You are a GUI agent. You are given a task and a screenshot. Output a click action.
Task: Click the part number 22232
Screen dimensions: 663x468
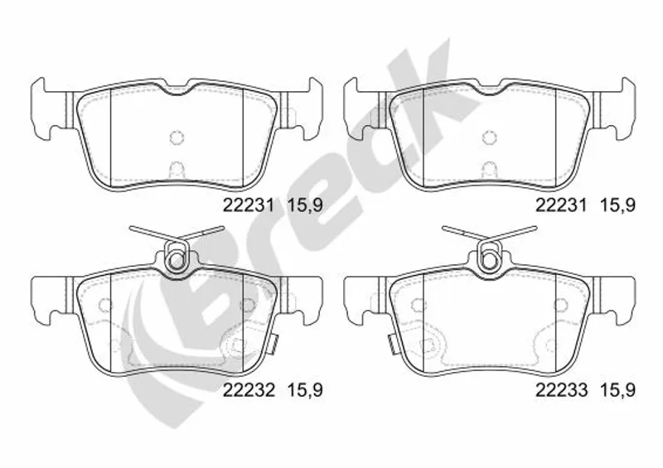[x=249, y=389]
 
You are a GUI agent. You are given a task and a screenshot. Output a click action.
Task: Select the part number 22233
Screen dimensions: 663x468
[x=562, y=389]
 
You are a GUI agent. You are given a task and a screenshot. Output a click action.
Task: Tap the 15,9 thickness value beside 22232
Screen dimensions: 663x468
[x=305, y=390]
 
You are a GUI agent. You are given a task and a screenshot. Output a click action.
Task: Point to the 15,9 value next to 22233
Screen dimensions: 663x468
[x=617, y=390]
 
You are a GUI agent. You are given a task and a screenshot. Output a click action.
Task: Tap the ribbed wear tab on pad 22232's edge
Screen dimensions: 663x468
[x=274, y=343]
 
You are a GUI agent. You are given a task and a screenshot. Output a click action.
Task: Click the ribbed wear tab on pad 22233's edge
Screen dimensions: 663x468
[x=392, y=343]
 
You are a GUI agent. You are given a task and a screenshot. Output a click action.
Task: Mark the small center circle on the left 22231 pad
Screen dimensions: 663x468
[x=177, y=137]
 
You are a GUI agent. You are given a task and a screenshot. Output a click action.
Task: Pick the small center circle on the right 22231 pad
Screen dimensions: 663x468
[x=489, y=137]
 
